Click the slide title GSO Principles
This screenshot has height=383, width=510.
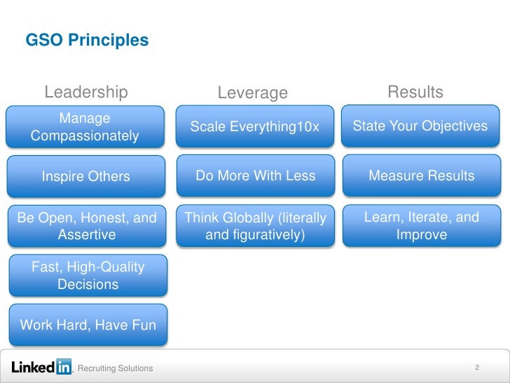tap(87, 40)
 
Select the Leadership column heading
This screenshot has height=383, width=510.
tap(86, 92)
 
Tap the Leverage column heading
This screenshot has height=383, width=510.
tap(253, 93)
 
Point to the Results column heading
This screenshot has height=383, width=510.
tap(415, 92)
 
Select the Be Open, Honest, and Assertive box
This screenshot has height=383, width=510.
tap(87, 226)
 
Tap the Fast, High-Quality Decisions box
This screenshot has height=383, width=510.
tap(88, 275)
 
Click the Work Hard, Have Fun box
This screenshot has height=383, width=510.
tap(88, 325)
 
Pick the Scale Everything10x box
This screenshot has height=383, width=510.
tap(254, 127)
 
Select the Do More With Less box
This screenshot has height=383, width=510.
tap(255, 176)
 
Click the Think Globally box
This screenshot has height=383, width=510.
tap(255, 226)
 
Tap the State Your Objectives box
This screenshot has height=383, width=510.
tap(420, 126)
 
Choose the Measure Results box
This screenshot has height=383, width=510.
tap(421, 176)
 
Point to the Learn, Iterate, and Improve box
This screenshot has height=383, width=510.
tap(421, 226)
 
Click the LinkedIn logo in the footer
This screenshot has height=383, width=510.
tap(42, 367)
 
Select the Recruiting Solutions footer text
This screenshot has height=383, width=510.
tap(116, 368)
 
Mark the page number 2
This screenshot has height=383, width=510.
tap(476, 368)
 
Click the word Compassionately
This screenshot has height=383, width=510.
tap(85, 135)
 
